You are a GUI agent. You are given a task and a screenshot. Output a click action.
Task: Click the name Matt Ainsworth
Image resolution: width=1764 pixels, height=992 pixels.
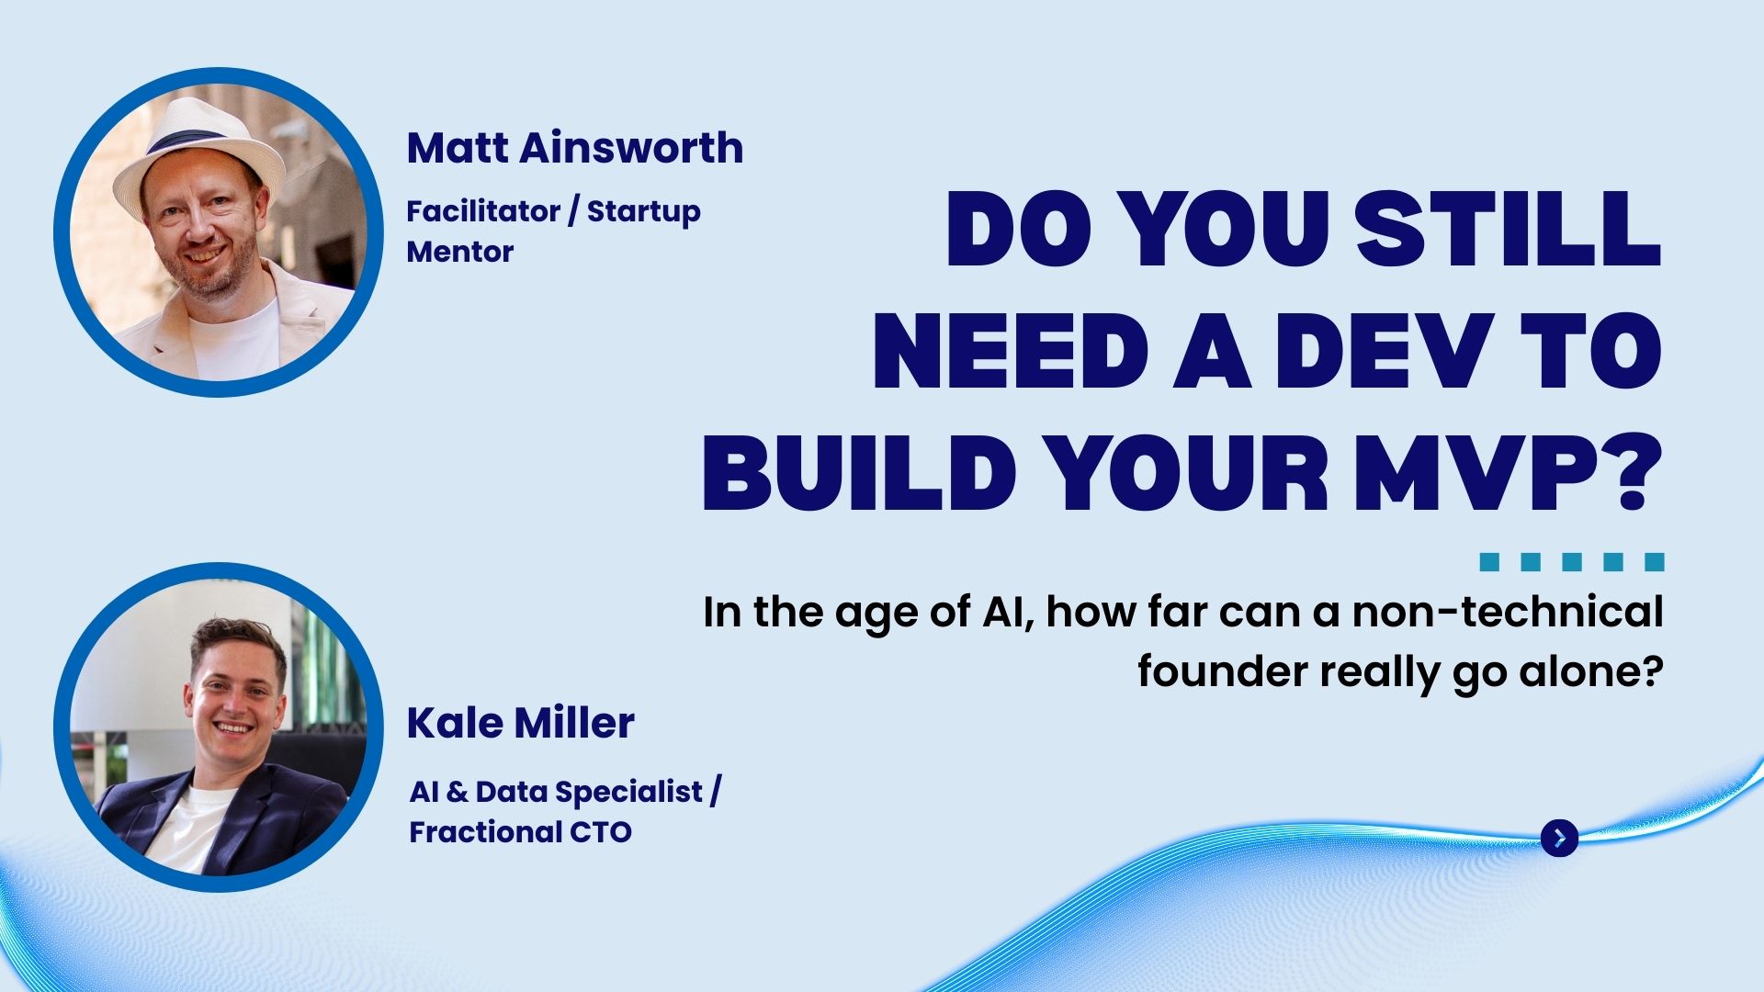[x=575, y=148]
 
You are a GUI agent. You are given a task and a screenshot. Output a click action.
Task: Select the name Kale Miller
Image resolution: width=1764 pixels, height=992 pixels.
[x=521, y=723]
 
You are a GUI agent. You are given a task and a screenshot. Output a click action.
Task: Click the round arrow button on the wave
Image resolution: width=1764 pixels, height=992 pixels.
[x=1559, y=838]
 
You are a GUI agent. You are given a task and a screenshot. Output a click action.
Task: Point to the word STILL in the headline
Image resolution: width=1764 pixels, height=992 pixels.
[x=1508, y=230]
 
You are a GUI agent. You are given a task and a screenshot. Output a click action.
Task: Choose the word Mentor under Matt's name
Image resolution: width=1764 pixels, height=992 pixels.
[x=460, y=252]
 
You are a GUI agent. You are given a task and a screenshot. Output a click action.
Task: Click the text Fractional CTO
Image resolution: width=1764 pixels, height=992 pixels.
[x=521, y=832]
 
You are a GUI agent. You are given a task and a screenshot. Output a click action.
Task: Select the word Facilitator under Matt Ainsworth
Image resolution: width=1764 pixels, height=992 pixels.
[x=483, y=211]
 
